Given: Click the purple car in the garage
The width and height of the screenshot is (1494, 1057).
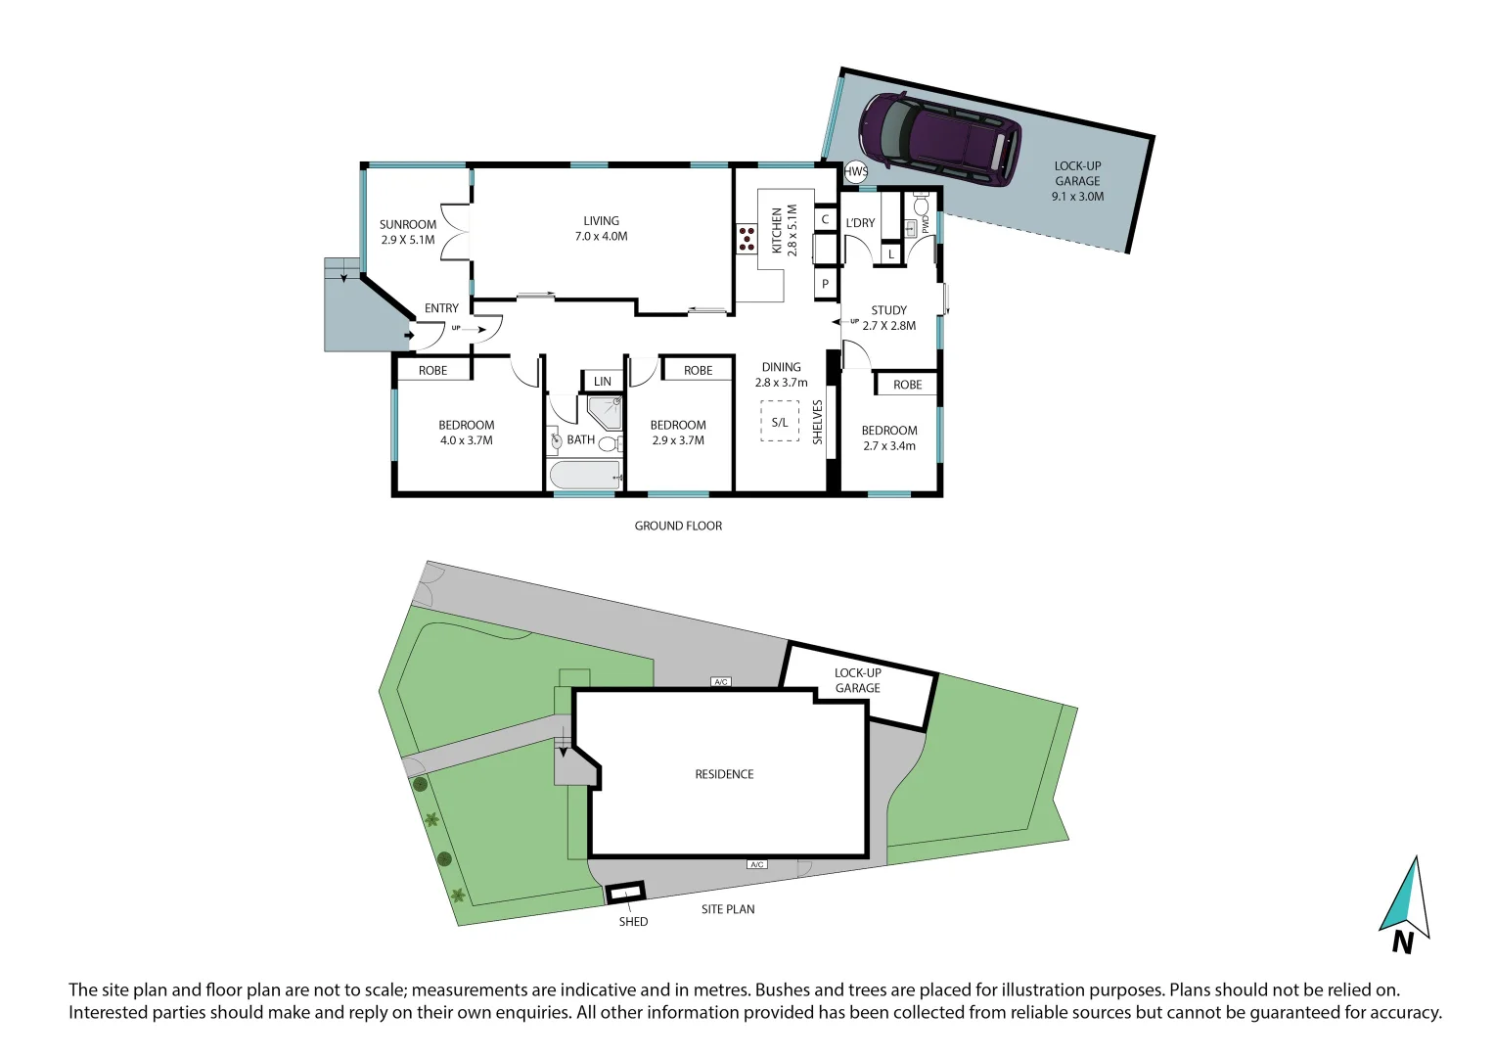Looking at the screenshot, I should (x=939, y=139).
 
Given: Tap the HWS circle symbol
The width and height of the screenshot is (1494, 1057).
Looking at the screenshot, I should (x=855, y=172).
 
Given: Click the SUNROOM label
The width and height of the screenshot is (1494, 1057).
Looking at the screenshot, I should (x=408, y=225).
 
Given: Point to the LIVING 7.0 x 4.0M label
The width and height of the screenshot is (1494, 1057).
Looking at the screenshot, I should (x=601, y=228).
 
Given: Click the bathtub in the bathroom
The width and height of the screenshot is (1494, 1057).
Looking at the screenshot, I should (x=585, y=477).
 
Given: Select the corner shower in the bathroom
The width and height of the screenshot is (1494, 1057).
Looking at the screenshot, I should (x=605, y=412).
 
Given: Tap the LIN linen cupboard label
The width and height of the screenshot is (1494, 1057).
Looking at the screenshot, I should (x=603, y=382).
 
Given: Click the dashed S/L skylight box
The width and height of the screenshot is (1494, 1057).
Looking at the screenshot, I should (x=780, y=423).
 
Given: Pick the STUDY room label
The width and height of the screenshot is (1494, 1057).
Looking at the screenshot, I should (x=888, y=311).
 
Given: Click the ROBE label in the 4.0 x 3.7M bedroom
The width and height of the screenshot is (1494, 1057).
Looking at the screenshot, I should (x=432, y=371).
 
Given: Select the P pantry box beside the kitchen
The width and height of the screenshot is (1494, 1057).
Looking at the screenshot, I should (x=825, y=284).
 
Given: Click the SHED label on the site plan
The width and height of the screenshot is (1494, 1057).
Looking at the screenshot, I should (x=633, y=922).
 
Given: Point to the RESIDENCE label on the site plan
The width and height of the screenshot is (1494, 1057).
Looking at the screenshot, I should (x=724, y=774).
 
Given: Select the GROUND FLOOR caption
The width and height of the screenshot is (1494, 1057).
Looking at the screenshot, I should (x=678, y=527).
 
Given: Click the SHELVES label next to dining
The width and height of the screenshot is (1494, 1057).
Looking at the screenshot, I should (x=818, y=422).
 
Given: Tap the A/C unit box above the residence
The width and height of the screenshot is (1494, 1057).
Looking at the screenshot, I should (x=721, y=682).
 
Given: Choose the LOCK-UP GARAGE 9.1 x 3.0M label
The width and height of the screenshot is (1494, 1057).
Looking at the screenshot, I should (x=1077, y=181).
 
